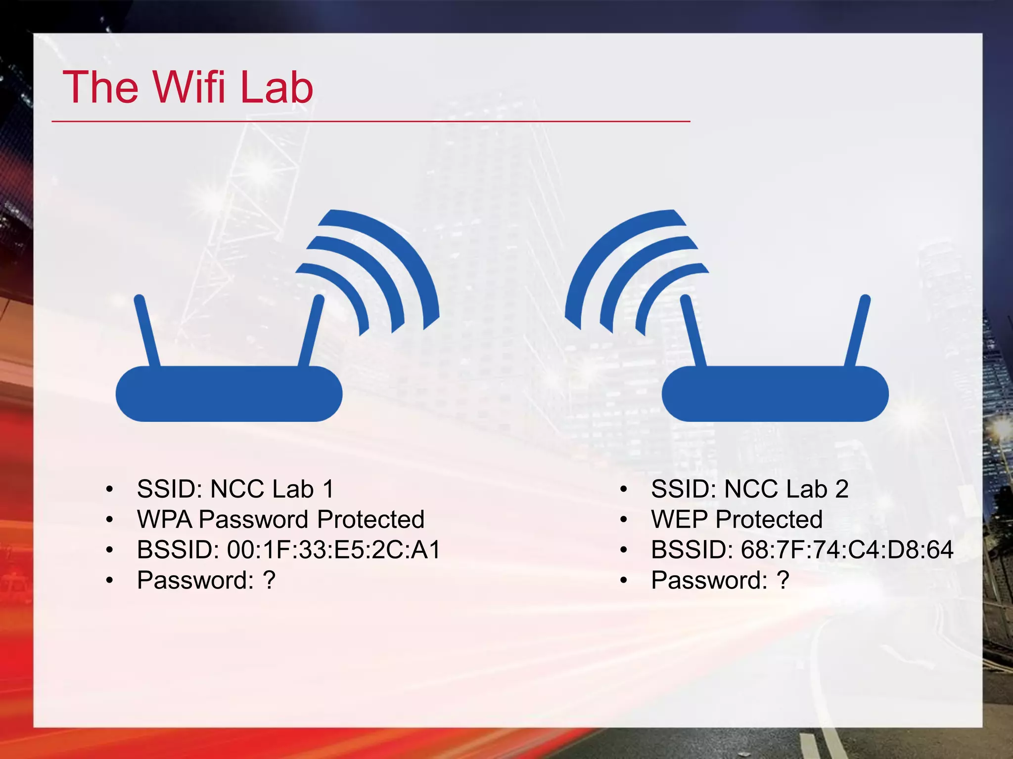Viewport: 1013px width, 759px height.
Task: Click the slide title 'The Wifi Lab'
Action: [x=188, y=87]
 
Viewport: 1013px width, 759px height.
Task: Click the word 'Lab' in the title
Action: [x=276, y=87]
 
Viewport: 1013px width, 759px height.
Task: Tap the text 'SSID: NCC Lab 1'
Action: [x=235, y=489]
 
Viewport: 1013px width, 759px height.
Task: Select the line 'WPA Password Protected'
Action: [x=280, y=519]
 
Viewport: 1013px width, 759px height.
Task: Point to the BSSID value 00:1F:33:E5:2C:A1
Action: [x=334, y=550]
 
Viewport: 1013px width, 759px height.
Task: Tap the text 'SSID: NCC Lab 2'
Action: [x=749, y=489]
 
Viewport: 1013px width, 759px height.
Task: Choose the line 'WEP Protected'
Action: [x=737, y=519]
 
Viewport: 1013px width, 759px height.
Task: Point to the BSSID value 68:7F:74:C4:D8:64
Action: [x=847, y=550]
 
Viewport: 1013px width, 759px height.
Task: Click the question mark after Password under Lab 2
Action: [x=783, y=580]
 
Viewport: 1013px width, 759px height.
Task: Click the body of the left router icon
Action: [x=229, y=394]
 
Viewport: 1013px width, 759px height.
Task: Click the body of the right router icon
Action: [x=775, y=394]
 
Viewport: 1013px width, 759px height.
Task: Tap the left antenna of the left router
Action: [x=147, y=331]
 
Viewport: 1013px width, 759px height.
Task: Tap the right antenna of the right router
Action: [x=857, y=331]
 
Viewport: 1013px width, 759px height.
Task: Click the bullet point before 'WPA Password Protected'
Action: [x=110, y=520]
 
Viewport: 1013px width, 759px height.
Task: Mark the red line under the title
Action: [x=371, y=121]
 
